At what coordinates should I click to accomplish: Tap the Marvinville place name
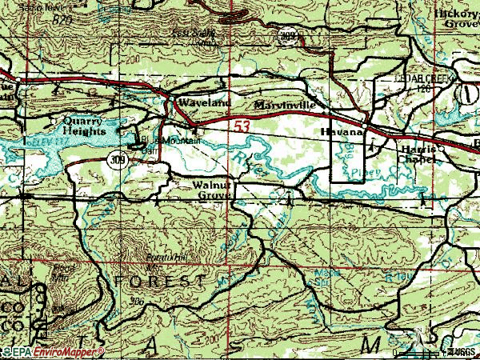(x=286, y=106)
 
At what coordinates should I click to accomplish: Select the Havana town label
(x=342, y=130)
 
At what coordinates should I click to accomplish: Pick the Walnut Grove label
(x=214, y=189)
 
